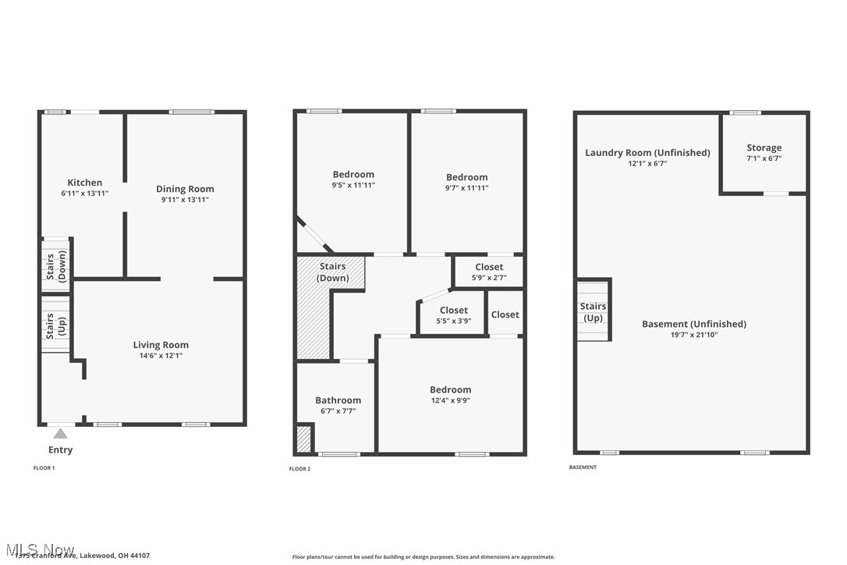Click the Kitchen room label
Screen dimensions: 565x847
click(x=84, y=183)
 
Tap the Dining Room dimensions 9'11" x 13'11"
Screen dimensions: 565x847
click(x=185, y=200)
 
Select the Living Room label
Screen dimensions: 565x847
click(x=161, y=345)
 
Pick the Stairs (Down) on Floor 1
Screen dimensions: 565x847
click(x=55, y=265)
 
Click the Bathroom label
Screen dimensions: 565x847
click(x=338, y=400)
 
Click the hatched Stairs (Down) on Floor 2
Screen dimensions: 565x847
click(x=332, y=272)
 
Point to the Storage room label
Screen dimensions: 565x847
click(x=764, y=147)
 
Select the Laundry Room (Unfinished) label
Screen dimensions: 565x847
click(x=647, y=153)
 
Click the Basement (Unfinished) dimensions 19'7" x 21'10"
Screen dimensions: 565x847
click(x=693, y=335)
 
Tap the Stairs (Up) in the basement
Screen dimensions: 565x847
click(x=593, y=312)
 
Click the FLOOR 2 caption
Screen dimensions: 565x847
click(x=299, y=469)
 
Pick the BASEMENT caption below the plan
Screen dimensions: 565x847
click(x=583, y=467)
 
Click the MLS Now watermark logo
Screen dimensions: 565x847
click(x=39, y=550)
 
